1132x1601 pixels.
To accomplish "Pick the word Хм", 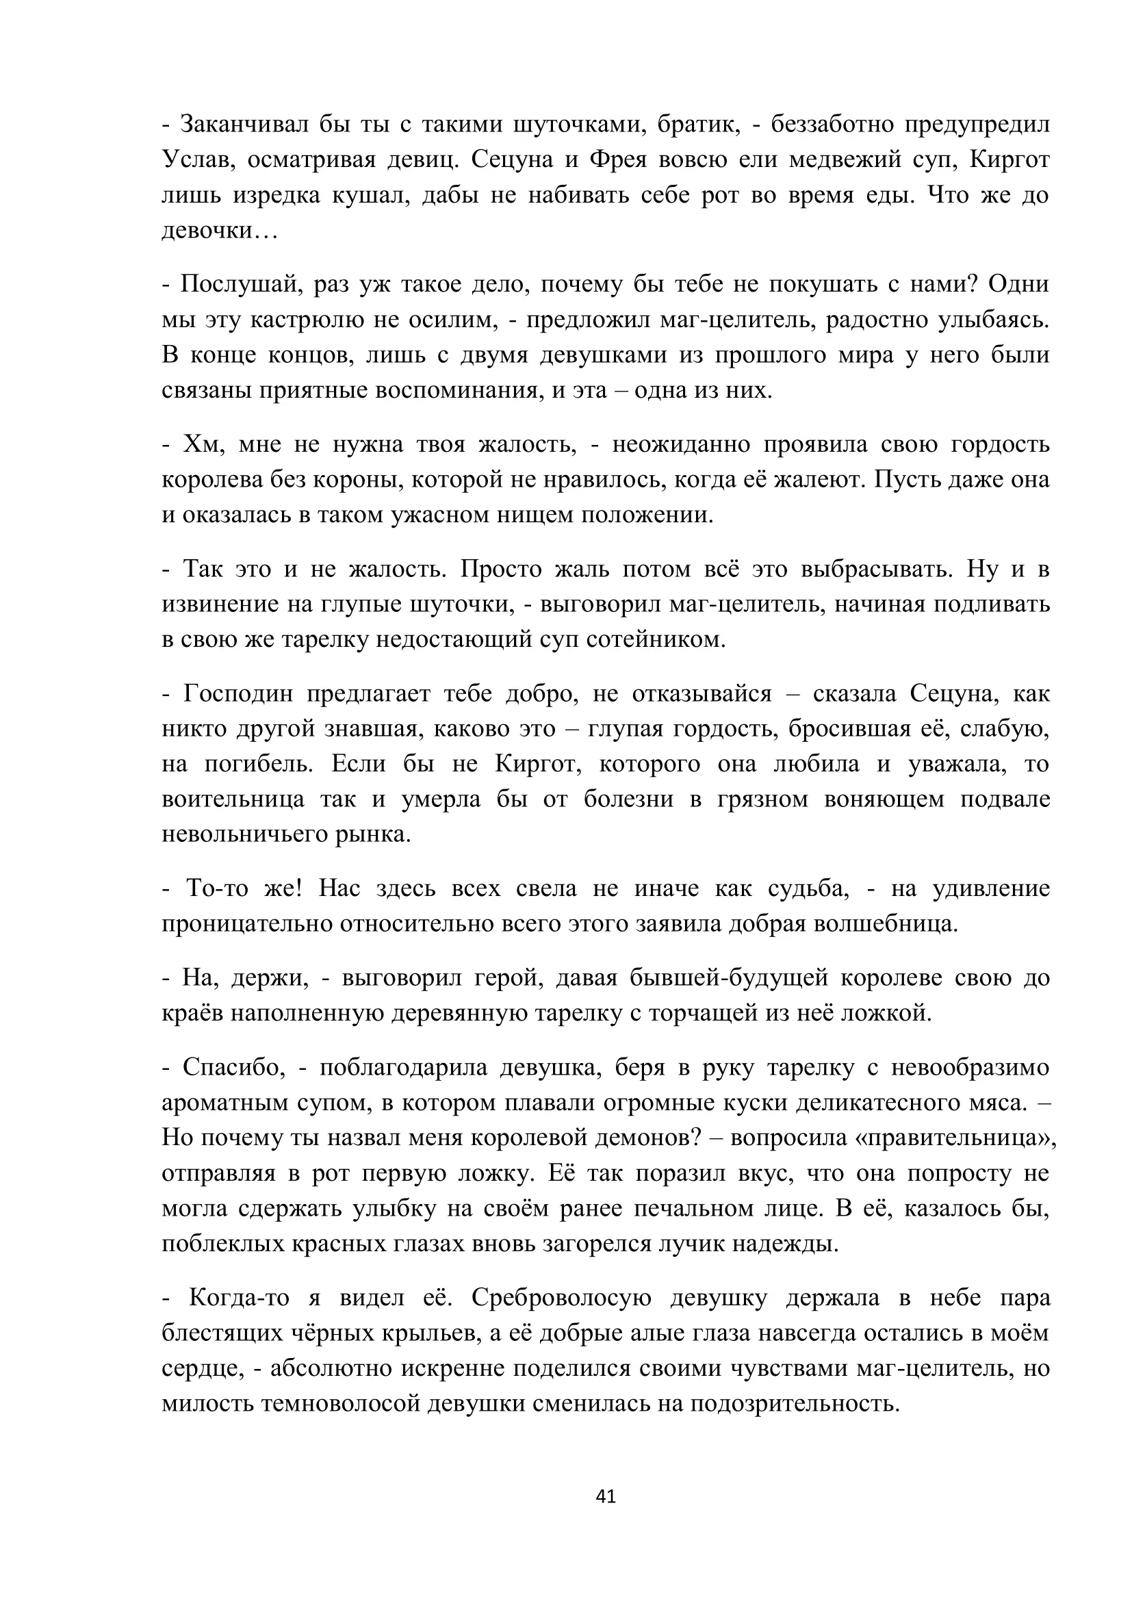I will (x=203, y=444).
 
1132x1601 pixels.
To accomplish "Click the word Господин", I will (x=237, y=694).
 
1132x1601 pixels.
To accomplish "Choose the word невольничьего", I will (x=243, y=834).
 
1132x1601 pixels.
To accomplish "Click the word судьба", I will (x=808, y=888).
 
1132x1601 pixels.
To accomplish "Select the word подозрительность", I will (x=795, y=1404).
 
